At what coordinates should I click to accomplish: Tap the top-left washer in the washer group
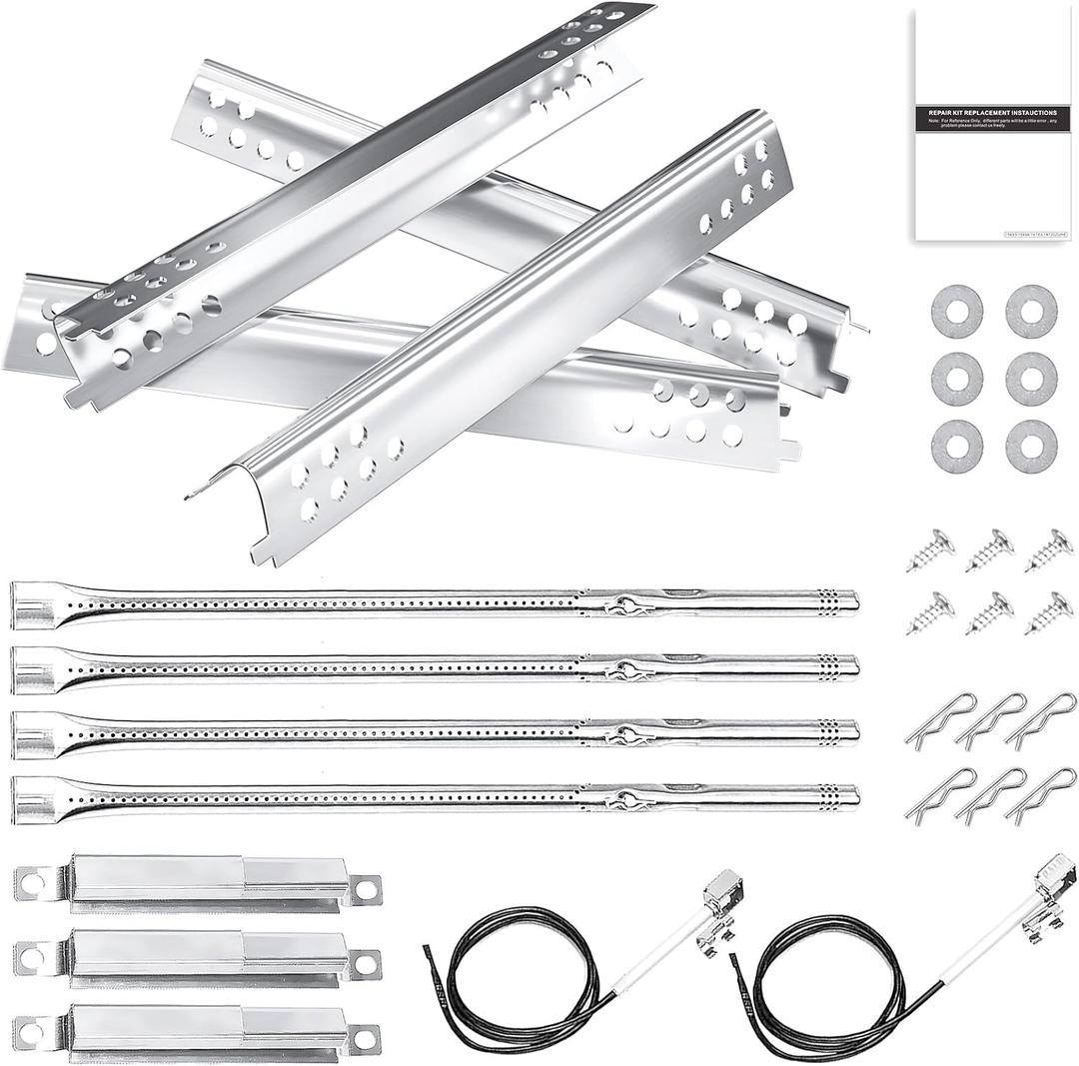point(956,311)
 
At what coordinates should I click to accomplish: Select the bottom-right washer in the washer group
point(1031,447)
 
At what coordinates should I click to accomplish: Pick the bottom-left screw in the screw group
point(930,613)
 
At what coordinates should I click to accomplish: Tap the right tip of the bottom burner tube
point(851,797)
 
